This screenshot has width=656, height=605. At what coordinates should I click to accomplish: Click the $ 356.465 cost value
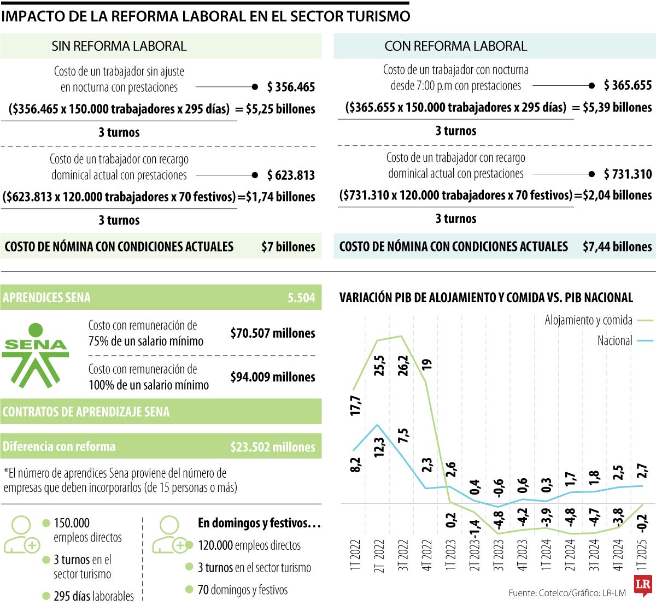[291, 87]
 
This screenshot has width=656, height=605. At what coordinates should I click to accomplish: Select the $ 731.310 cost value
[628, 174]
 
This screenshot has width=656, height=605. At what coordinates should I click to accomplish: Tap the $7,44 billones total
[617, 247]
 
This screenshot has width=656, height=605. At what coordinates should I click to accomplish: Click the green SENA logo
[36, 355]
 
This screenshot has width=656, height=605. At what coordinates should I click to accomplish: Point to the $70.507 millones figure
[272, 333]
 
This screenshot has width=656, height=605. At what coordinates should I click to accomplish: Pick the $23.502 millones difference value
[272, 447]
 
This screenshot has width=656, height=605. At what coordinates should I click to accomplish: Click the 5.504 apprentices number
[301, 298]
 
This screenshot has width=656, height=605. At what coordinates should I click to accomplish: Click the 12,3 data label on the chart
[379, 447]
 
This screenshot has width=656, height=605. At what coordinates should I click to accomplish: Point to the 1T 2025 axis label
[642, 555]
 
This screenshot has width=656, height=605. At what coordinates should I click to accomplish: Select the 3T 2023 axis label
[499, 555]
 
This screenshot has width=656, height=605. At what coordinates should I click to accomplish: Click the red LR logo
[642, 585]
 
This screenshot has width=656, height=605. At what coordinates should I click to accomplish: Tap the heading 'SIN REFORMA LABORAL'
[119, 46]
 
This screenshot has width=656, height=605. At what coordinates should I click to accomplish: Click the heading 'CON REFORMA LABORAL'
[455, 46]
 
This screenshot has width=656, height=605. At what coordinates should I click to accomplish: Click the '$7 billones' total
[288, 247]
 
